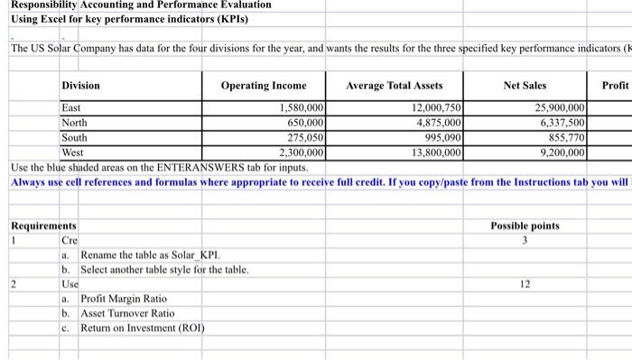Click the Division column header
pos(80,86)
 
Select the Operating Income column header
pos(264,86)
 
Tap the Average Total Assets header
pos(395,86)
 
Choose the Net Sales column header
pos(525,86)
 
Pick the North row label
pos(75,123)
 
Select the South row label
pos(75,138)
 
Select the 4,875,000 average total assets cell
pos(436,123)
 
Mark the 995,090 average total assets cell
pos(440,138)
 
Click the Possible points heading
pos(525,226)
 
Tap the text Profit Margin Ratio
pos(124,298)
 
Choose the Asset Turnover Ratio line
pos(127,312)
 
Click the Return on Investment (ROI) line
pos(143,328)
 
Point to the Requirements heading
pos(43,226)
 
